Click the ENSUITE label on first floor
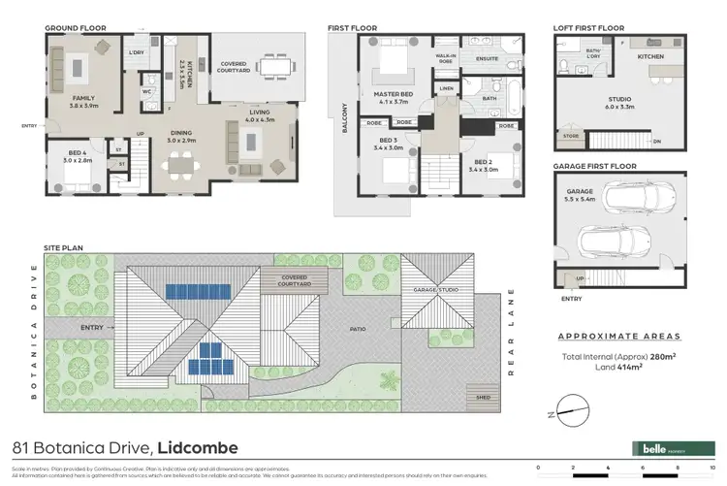click(x=487, y=57)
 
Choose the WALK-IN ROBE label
click(x=446, y=57)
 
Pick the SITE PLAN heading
click(x=64, y=248)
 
